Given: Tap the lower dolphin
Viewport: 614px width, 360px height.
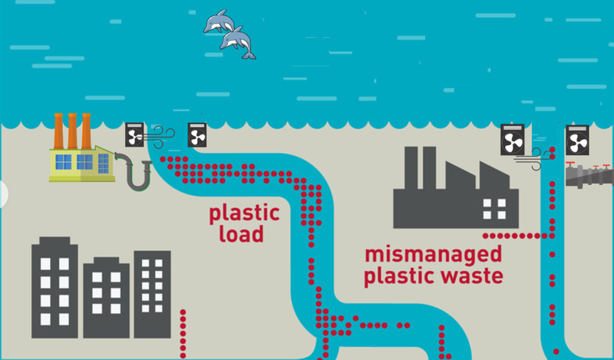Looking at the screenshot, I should coord(238,43).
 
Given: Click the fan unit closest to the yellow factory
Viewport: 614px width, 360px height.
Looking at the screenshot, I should coord(135,135).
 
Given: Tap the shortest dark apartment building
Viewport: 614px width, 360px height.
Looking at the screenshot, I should coord(106,302).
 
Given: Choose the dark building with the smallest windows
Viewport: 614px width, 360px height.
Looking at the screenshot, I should coord(152,294).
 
